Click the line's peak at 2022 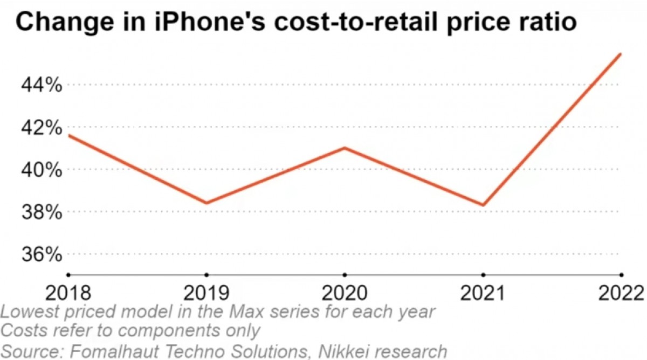tap(621, 54)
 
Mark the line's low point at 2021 tap(483, 205)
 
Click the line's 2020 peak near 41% tap(345, 148)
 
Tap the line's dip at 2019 tap(207, 203)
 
